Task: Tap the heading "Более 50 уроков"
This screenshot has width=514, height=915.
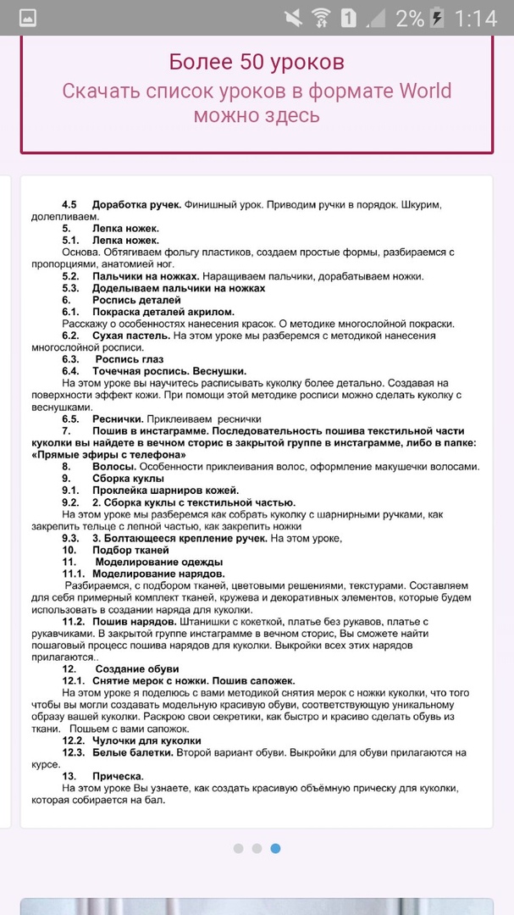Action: coord(257,62)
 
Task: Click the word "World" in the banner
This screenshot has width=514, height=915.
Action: coord(421,91)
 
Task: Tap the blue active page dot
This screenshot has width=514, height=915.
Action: coord(275,848)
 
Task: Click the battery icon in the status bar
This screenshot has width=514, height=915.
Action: coord(437,18)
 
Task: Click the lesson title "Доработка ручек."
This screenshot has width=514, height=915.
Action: coord(136,205)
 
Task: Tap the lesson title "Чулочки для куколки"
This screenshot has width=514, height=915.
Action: coord(146,740)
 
